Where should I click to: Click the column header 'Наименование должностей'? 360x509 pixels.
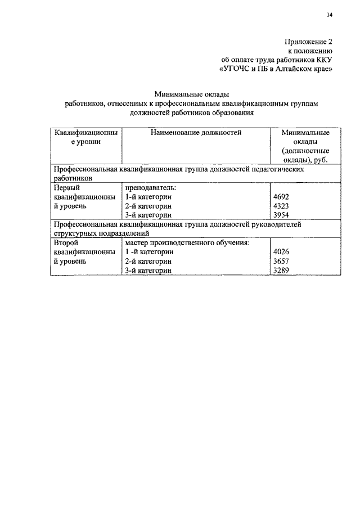(196, 133)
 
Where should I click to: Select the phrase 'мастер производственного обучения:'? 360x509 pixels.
(187, 243)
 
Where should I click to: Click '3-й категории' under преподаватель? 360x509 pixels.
(148, 215)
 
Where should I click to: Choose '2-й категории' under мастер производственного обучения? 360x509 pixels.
(148, 262)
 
